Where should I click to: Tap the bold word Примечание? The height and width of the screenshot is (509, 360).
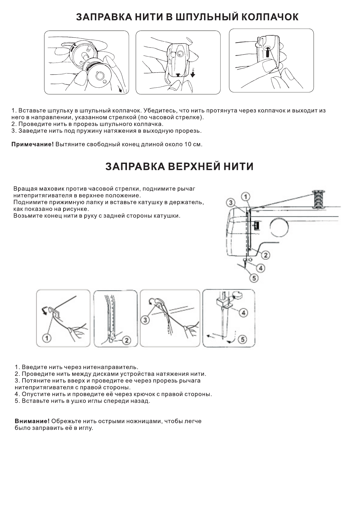(x=32, y=144)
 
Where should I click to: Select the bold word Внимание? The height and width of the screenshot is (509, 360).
(x=32, y=421)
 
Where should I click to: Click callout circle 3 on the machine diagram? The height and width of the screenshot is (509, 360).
(x=231, y=203)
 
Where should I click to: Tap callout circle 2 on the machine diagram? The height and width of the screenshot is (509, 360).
(x=265, y=255)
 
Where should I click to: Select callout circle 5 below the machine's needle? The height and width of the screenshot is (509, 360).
(x=254, y=278)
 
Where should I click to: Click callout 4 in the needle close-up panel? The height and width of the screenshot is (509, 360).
(x=243, y=313)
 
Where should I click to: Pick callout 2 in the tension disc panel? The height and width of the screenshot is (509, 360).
(x=126, y=340)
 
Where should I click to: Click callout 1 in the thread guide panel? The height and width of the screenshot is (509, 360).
(x=47, y=338)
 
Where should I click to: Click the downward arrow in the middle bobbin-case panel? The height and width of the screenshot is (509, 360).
(x=193, y=73)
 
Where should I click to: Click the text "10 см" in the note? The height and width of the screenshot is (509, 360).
(x=193, y=144)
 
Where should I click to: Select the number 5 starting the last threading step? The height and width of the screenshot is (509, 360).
(x=17, y=401)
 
